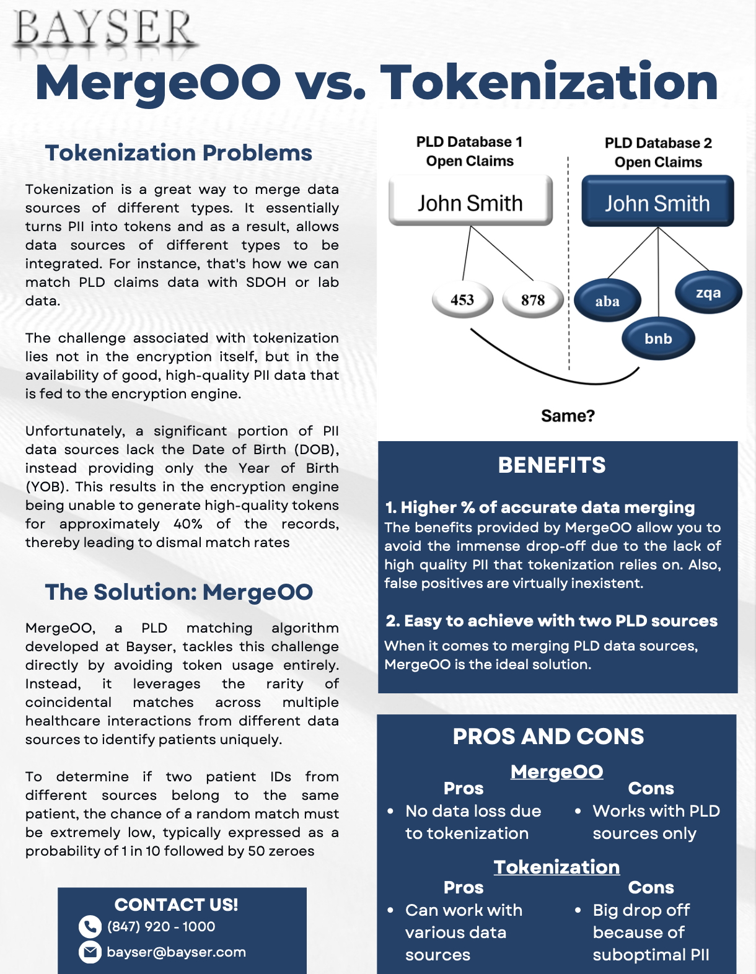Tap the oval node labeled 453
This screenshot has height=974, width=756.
click(462, 300)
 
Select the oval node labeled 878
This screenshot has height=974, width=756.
click(533, 300)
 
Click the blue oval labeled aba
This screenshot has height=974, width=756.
click(607, 301)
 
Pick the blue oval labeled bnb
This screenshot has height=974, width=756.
click(658, 338)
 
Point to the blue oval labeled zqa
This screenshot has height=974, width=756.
click(708, 293)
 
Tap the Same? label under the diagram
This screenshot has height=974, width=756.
click(568, 415)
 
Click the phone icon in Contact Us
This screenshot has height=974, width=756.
click(90, 927)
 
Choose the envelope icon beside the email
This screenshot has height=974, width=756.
click(90, 952)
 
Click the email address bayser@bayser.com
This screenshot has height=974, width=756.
click(176, 952)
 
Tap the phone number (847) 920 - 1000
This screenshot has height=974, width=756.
click(161, 926)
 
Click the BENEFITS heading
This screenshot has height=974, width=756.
click(552, 465)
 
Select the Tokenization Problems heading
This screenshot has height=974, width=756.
click(178, 153)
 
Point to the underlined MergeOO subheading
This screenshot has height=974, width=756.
click(556, 771)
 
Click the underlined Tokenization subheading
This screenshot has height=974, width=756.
click(556, 867)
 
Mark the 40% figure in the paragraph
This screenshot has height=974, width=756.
click(188, 524)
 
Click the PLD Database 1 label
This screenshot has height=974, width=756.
click(470, 142)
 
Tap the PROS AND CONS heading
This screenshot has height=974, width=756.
click(548, 736)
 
